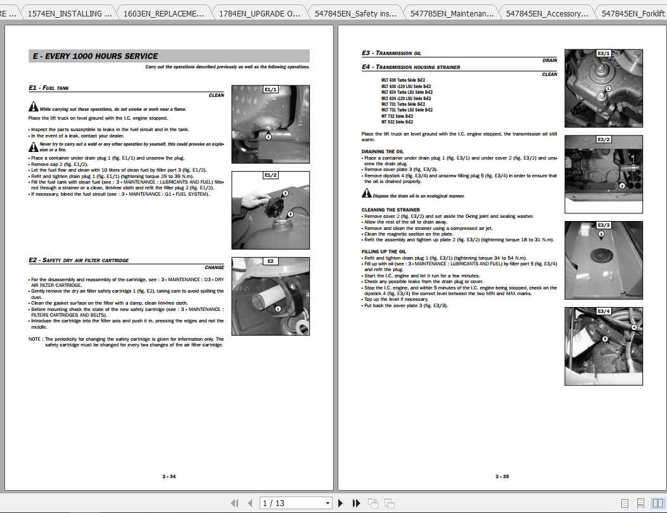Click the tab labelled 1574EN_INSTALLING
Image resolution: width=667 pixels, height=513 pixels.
pyautogui.click(x=70, y=13)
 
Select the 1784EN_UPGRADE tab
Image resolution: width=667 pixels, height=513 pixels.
pyautogui.click(x=259, y=13)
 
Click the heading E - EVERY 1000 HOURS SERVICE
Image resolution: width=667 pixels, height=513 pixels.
pyautogui.click(x=95, y=56)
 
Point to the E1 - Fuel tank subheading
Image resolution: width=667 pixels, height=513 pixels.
pyautogui.click(x=49, y=88)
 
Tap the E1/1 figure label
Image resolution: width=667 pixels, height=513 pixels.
pyautogui.click(x=270, y=90)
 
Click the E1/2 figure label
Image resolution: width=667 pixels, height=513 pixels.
pyautogui.click(x=270, y=175)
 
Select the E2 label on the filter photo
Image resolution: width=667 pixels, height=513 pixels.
pyautogui.click(x=270, y=261)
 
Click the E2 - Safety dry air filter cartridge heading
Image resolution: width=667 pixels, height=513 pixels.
pyautogui.click(x=79, y=260)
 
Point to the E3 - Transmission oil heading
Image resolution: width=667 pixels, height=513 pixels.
pyautogui.click(x=391, y=53)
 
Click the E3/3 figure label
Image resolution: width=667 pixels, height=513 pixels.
pyautogui.click(x=604, y=225)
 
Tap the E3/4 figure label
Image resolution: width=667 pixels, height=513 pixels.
pyautogui.click(x=604, y=312)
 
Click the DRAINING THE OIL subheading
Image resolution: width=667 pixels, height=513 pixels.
pyautogui.click(x=383, y=152)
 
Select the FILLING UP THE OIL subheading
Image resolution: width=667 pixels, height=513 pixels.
pyautogui.click(x=384, y=252)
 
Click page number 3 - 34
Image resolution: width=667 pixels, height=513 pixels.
pyautogui.click(x=169, y=476)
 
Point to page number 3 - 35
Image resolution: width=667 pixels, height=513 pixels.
pyautogui.click(x=502, y=476)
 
